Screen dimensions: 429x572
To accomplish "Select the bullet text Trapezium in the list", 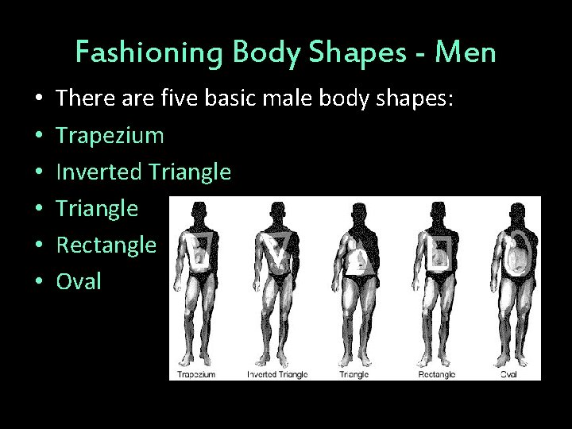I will point(111,136).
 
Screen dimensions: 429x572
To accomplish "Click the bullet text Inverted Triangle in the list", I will point(145,172).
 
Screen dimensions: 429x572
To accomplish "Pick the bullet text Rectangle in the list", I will point(107,245).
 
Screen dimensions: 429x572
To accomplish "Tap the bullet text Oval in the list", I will point(80,281).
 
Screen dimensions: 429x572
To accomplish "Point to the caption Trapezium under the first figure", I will point(195,373).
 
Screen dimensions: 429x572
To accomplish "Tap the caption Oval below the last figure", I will point(508,373).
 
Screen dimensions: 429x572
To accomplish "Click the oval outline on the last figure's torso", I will point(517,256).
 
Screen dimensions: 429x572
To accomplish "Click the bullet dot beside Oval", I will point(39,282).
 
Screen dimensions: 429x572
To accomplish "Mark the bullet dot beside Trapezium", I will point(39,137).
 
